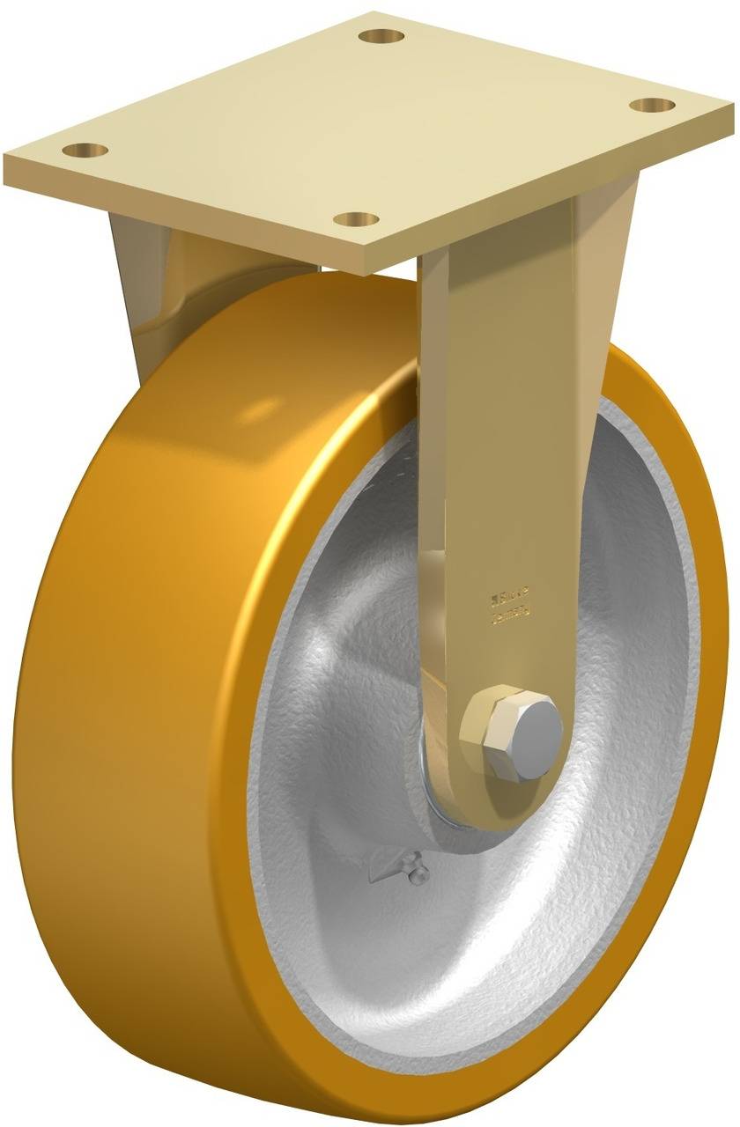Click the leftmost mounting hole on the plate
(85, 150)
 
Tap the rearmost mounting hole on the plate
(381, 37)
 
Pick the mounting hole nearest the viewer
(357, 219)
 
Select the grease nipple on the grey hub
(412, 871)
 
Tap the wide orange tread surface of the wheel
(132, 616)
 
